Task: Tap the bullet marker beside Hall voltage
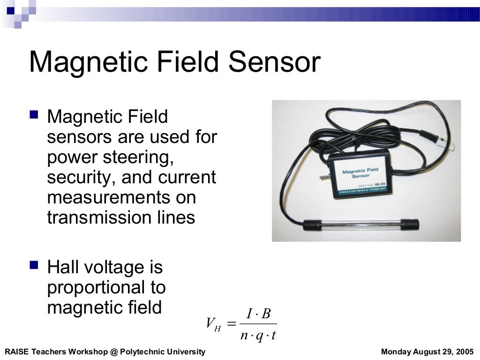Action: (x=34, y=265)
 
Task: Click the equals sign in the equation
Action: (x=232, y=324)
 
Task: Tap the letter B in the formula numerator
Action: (x=266, y=314)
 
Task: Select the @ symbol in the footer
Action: (x=112, y=352)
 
